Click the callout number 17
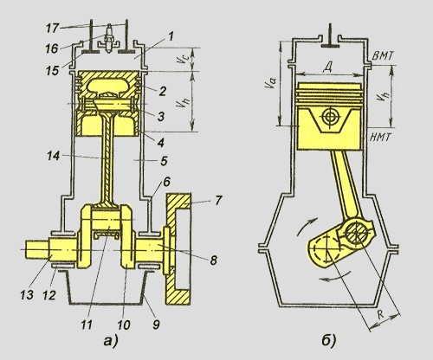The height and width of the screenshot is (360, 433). [52, 28]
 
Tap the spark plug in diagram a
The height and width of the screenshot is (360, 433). [109, 39]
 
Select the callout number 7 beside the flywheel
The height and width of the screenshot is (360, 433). [217, 200]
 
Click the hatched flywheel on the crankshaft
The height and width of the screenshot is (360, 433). [178, 248]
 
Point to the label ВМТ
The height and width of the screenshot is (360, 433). [383, 55]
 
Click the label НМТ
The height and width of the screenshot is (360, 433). [380, 138]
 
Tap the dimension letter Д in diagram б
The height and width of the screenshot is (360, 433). [328, 67]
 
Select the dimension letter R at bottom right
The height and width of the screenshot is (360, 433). [381, 315]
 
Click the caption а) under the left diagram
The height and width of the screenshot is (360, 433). [111, 341]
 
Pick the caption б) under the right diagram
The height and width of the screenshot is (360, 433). [328, 341]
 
